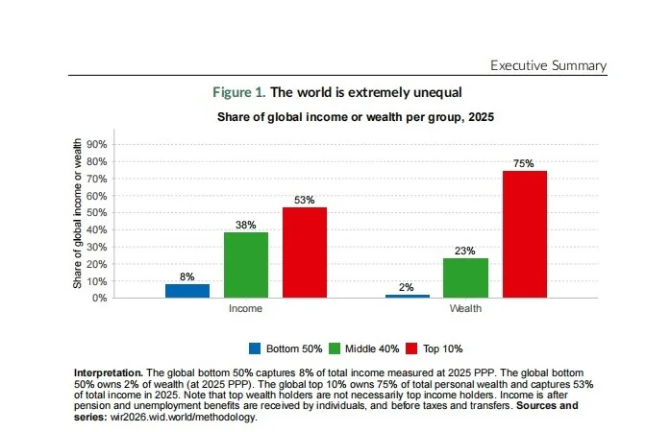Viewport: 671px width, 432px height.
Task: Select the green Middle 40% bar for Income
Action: (245, 265)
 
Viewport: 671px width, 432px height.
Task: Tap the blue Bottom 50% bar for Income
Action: (187, 291)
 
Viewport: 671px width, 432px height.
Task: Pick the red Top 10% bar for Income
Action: (304, 252)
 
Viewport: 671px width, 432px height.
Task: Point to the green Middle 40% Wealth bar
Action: (465, 277)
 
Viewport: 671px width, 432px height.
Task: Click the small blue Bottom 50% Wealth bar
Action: (408, 296)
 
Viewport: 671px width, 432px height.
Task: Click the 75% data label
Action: (525, 164)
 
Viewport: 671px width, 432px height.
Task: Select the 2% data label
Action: (408, 288)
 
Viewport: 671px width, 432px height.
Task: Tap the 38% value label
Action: (245, 226)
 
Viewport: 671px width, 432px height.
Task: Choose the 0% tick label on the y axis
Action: (97, 298)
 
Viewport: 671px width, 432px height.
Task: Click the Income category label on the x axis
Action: (245, 310)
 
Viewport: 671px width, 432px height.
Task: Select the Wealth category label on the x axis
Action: (466, 310)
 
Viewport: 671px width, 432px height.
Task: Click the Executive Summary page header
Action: (548, 65)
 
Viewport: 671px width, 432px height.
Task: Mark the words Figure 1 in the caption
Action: (238, 93)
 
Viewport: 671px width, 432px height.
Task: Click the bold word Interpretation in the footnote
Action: (108, 372)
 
